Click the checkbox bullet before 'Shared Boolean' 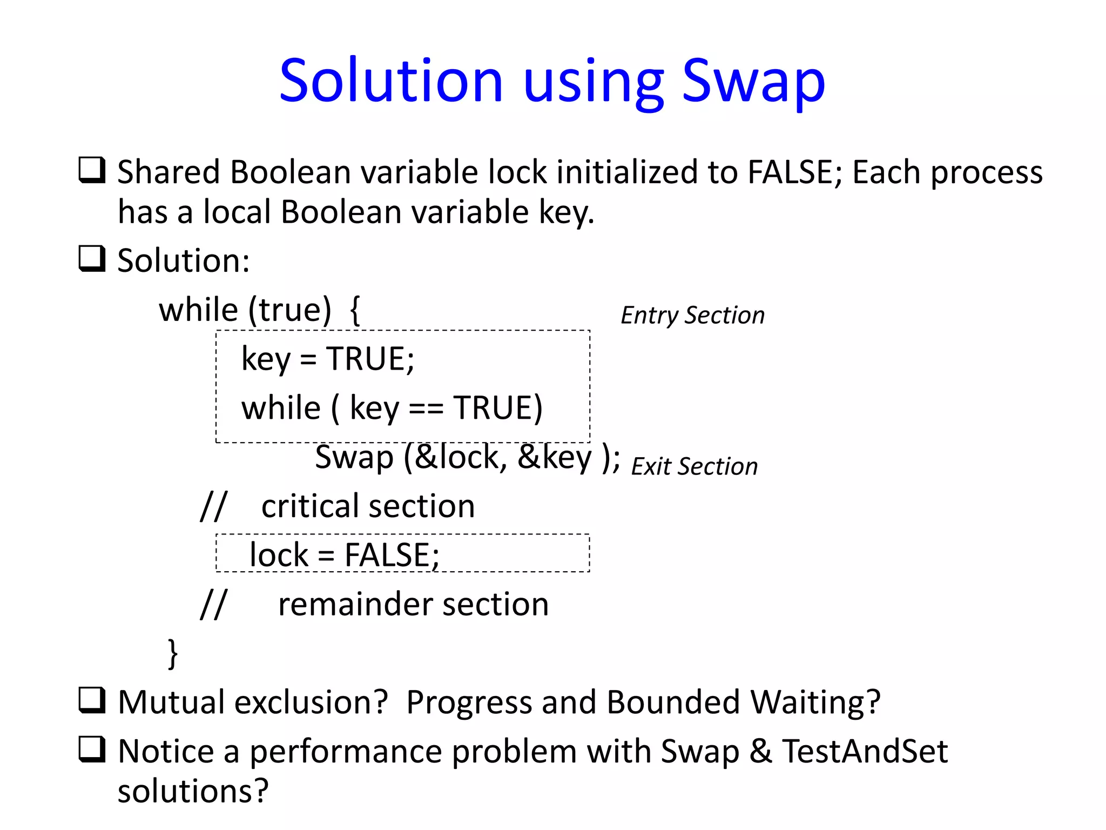tap(92, 170)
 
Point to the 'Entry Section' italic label tap(692, 315)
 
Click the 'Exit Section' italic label tap(694, 466)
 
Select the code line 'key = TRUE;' tap(328, 359)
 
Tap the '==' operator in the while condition tap(426, 409)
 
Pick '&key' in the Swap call tap(555, 458)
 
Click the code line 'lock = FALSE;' tap(345, 555)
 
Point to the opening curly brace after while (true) tap(355, 310)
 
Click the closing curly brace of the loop tap(173, 653)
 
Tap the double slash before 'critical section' tap(213, 506)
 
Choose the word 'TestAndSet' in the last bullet tap(865, 752)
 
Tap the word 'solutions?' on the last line tap(193, 791)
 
